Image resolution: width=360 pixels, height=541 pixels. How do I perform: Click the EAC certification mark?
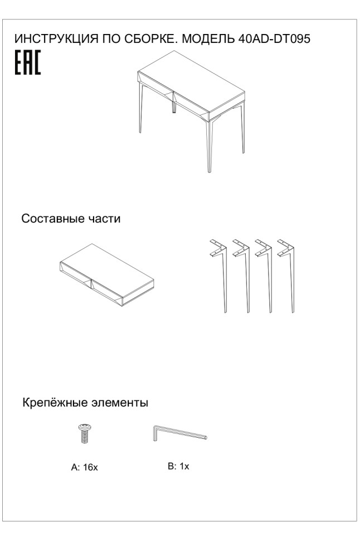(x=27, y=64)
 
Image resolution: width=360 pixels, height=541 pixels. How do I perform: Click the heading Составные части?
(x=71, y=219)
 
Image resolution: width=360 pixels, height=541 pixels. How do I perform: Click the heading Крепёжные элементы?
(x=85, y=402)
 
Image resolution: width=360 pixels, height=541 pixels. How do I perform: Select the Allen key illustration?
(x=178, y=434)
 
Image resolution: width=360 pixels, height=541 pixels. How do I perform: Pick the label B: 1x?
(x=178, y=466)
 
